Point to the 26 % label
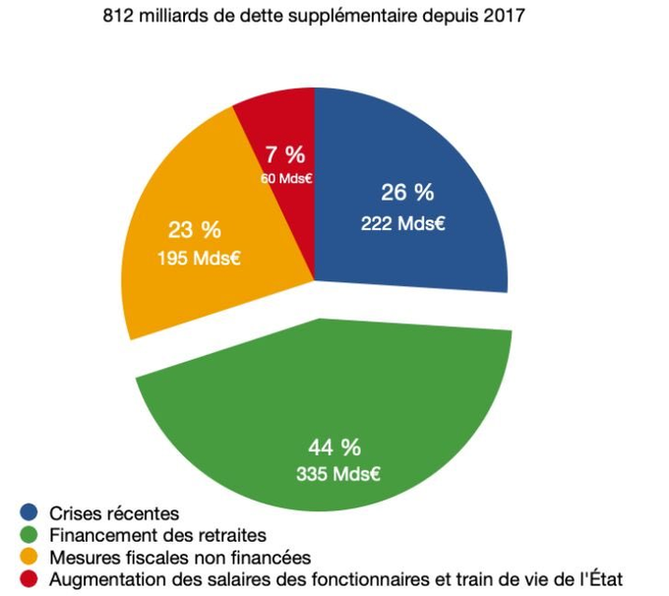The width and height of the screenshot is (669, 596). tap(407, 192)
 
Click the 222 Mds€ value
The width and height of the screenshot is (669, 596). tap(403, 223)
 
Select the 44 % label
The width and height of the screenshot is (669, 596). tap(334, 447)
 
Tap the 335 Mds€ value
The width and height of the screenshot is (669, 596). tap(337, 474)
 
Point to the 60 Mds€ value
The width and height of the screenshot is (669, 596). tap(287, 178)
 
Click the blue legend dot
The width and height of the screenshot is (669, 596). tap(29, 513)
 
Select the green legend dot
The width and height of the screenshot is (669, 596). tap(29, 536)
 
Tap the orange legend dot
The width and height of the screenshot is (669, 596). tap(29, 558)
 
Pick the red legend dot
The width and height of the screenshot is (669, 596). tap(29, 579)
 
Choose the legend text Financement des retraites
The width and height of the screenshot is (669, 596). tap(157, 536)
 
